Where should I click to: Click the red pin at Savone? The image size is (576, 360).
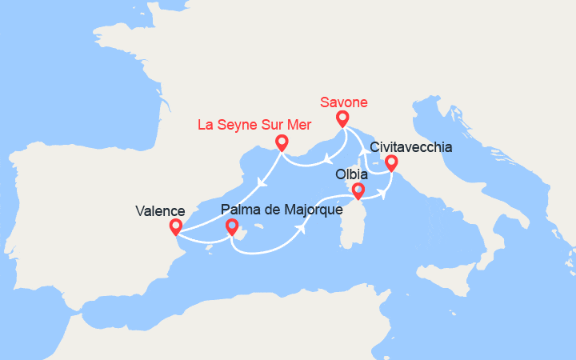tap(342, 118)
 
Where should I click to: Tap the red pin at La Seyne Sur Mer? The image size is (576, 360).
tap(282, 142)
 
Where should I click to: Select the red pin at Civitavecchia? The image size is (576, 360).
tap(391, 163)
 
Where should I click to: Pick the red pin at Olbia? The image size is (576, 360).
tap(358, 190)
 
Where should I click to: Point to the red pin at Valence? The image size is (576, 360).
tap(175, 227)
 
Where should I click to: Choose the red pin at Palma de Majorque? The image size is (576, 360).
tap(232, 227)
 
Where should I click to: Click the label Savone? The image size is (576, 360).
tap(344, 102)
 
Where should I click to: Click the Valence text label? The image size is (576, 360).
tap(160, 211)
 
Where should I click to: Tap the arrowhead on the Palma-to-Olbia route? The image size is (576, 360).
tap(304, 228)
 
